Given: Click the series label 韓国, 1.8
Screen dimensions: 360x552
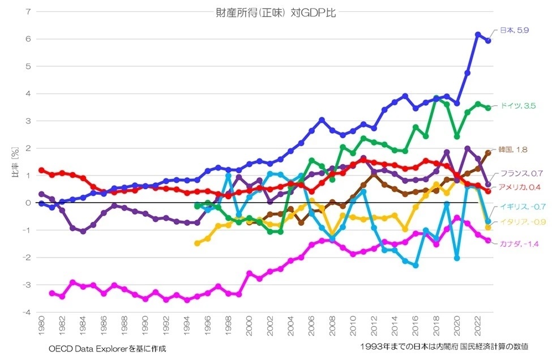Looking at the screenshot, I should [512, 149].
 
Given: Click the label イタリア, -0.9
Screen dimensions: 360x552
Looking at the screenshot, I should [518, 221].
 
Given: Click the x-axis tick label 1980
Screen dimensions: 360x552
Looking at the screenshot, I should [41, 327].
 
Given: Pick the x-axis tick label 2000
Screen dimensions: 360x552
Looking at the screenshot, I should [249, 327].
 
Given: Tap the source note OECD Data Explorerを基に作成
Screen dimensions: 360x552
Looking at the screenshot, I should [104, 347].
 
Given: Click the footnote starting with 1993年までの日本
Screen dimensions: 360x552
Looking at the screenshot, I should [443, 346].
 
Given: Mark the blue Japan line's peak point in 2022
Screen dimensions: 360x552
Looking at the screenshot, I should [478, 35].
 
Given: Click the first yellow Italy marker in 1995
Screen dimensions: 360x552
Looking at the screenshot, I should [197, 243].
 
